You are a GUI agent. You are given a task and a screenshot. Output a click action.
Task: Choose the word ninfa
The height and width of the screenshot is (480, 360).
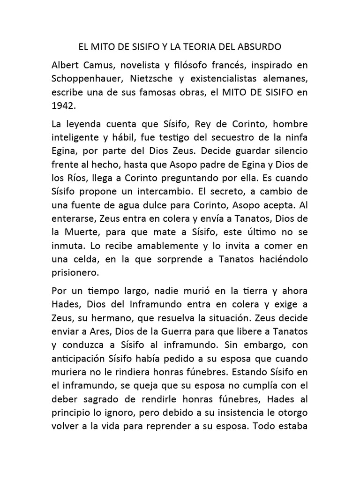295,138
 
